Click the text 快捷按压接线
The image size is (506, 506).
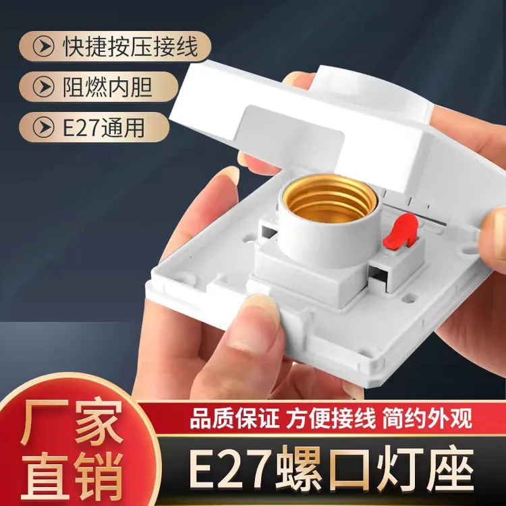[x=130, y=46]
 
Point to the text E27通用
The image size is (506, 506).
[x=103, y=128]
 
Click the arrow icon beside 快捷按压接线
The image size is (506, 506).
[x=43, y=47]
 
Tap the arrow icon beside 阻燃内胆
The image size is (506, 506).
[x=43, y=87]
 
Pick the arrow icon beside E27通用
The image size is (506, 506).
[x=43, y=128]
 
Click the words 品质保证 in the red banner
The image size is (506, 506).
[x=234, y=418]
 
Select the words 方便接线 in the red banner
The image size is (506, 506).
[x=331, y=418]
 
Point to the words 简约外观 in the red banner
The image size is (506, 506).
[x=428, y=418]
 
